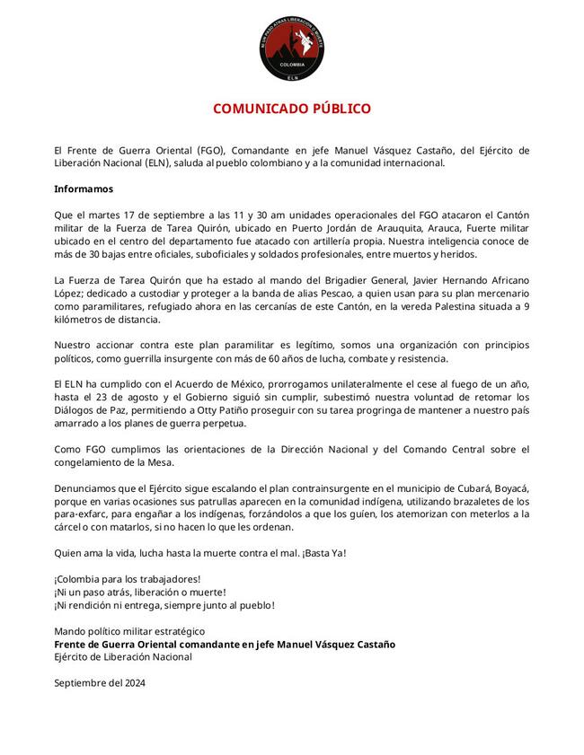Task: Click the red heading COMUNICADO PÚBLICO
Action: point(291,109)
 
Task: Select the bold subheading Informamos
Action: point(84,189)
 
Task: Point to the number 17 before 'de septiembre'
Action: point(131,215)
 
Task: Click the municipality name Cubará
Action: point(437,487)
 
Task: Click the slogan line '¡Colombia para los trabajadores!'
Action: point(128,579)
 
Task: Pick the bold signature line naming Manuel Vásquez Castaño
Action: point(225,644)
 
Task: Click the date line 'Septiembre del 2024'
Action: point(100,683)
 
